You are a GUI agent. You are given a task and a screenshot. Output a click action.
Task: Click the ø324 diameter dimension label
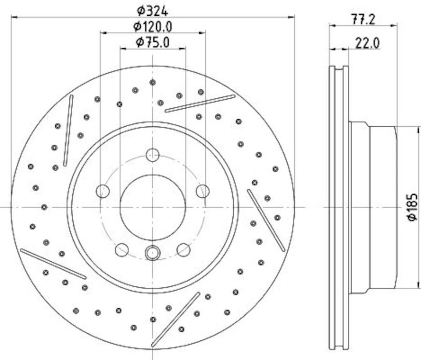(152, 11)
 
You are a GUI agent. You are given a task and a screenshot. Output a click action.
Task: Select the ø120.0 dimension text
(153, 26)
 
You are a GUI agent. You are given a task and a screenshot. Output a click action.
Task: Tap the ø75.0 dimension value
(153, 42)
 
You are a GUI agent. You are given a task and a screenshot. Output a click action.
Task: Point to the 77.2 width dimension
(363, 19)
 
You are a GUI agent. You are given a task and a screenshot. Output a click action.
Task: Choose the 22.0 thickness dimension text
(367, 43)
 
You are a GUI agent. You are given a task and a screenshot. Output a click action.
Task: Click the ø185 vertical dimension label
(412, 207)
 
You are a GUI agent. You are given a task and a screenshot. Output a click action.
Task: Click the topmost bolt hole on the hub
(153, 155)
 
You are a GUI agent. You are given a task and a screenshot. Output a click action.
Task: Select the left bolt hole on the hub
(103, 191)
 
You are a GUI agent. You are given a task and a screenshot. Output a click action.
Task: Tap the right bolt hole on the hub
(203, 191)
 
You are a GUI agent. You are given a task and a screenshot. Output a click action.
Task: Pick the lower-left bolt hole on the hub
(122, 250)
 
